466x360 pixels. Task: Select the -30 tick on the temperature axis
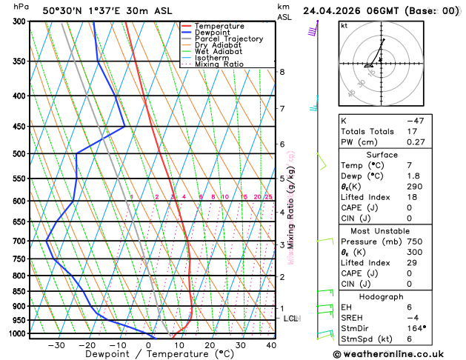point(56,345)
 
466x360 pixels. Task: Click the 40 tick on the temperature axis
point(271,345)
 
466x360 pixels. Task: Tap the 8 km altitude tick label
point(282,72)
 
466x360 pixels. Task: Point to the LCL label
point(291,319)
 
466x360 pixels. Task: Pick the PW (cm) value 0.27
point(416,141)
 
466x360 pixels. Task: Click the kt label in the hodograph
point(344,25)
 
